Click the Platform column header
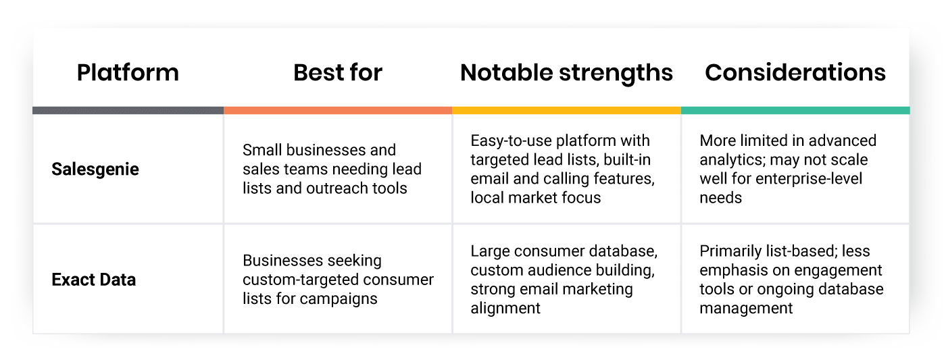pos(128,72)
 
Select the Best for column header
pos(338,72)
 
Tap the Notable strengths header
pos(566,73)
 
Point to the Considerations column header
pos(795,72)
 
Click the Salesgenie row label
pos(95,170)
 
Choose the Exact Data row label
pos(94,280)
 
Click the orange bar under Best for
pos(338,111)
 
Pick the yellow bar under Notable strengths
pos(567,111)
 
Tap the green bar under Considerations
pos(796,111)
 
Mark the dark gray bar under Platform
pos(128,111)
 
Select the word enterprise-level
pos(809,179)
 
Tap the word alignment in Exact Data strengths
pos(505,309)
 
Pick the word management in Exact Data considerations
pos(746,309)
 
